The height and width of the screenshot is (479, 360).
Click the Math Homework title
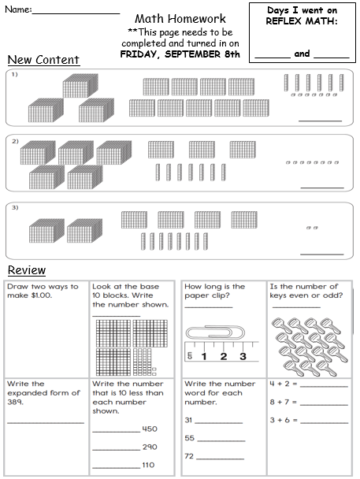point(180,18)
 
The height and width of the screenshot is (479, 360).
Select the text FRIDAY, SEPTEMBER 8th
point(180,55)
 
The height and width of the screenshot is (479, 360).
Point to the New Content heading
point(43,60)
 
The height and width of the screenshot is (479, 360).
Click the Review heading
point(27,270)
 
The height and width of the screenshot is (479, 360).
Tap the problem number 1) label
point(15,74)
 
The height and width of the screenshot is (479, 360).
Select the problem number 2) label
point(15,141)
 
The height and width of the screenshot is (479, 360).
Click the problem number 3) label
point(15,208)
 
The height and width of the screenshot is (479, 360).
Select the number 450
point(149,429)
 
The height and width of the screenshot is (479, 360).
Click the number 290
point(149,447)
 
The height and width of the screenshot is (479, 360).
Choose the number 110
point(149,465)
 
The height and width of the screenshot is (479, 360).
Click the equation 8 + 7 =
point(282,401)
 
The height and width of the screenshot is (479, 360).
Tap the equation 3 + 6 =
point(282,419)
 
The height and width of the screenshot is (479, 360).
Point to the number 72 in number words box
point(189,456)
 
